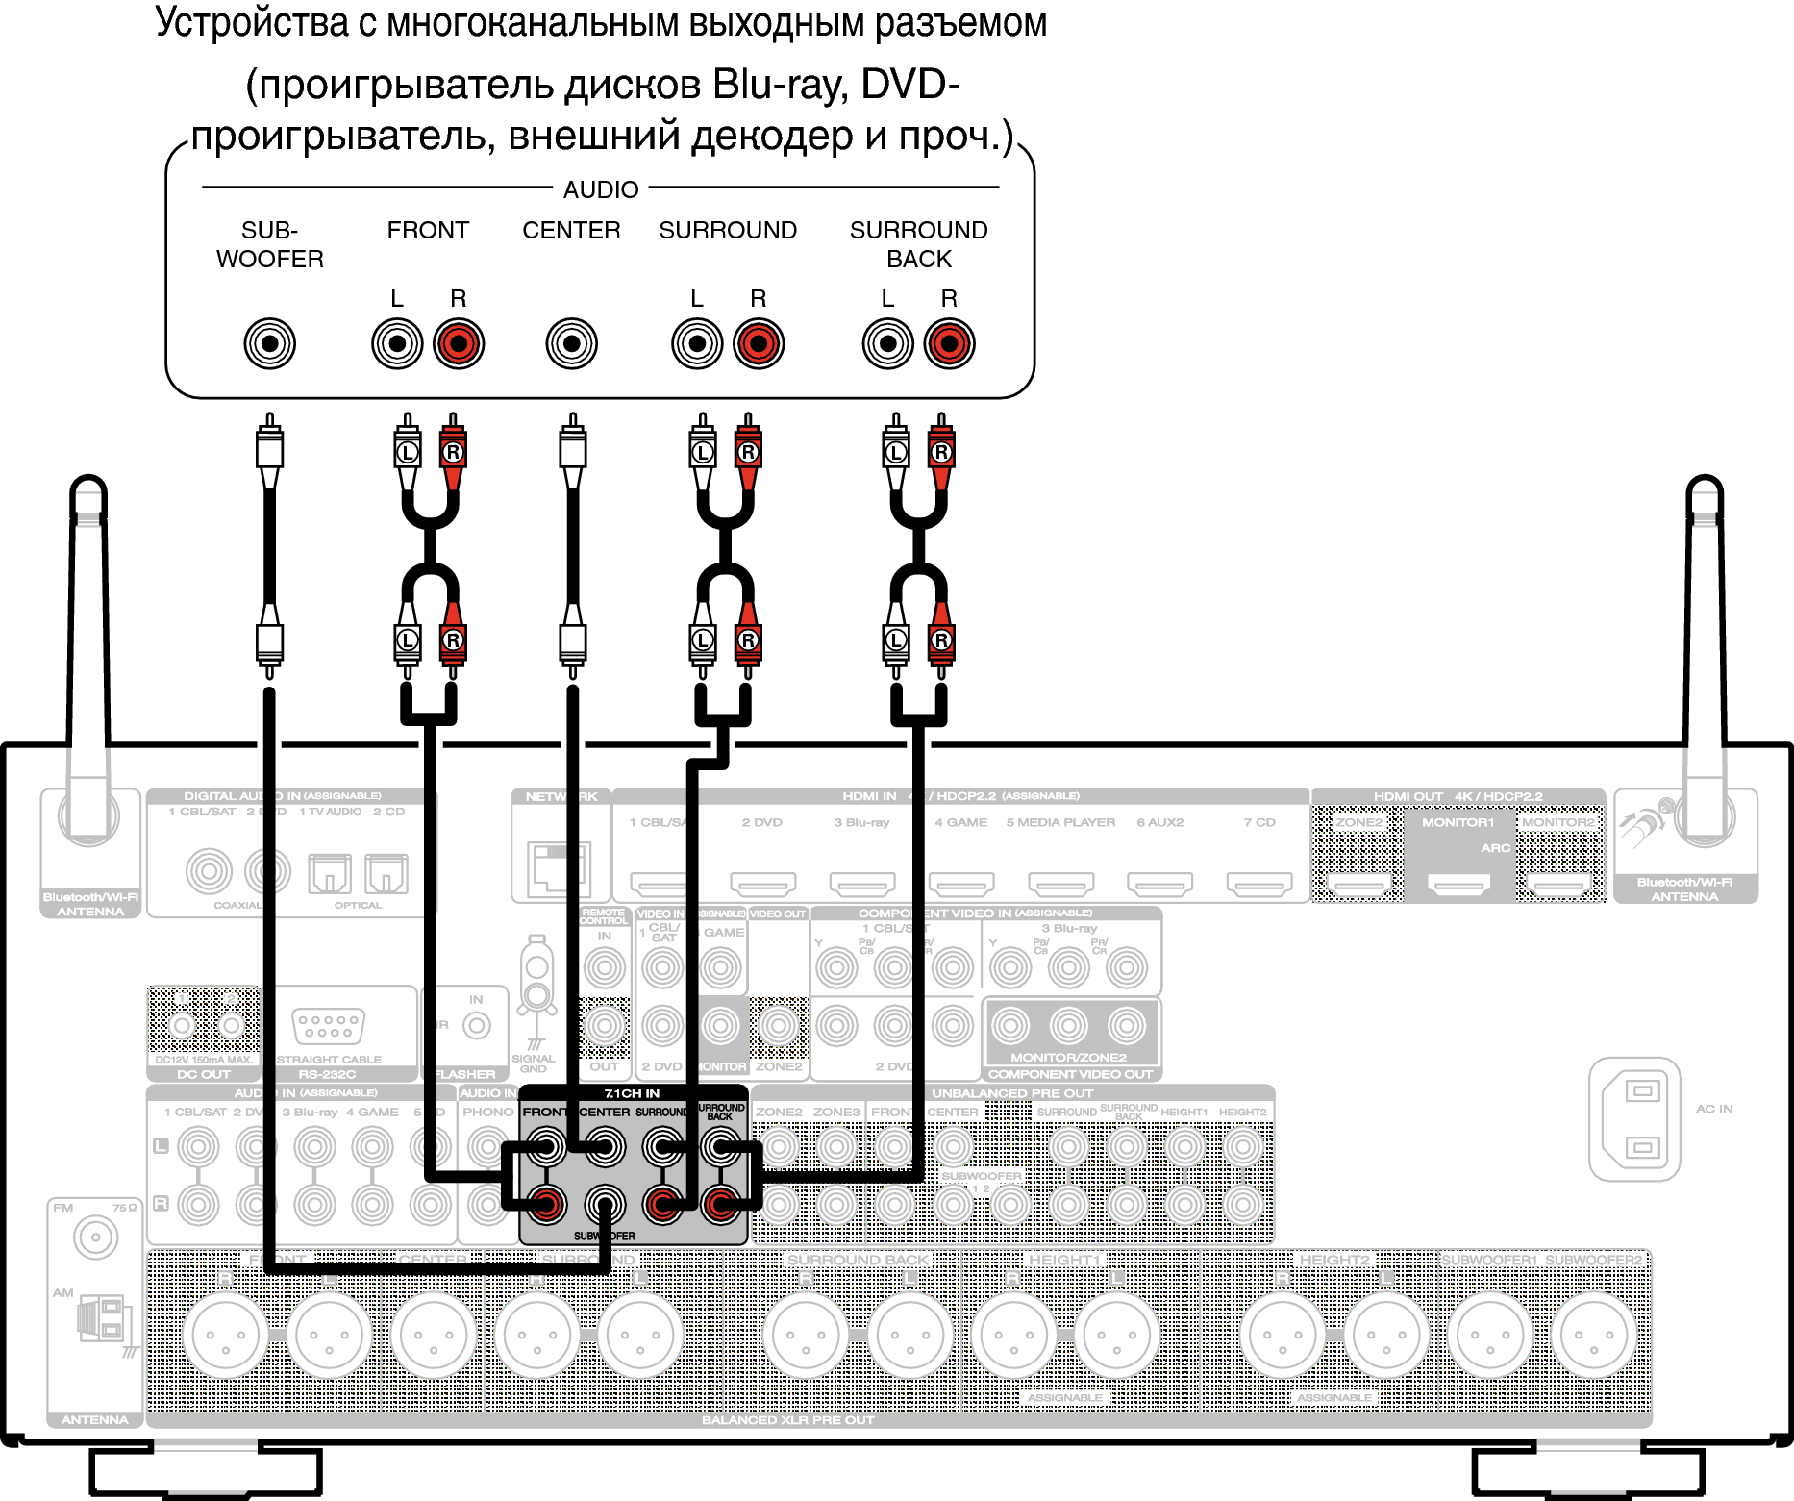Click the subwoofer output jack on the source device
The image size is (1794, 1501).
[x=269, y=343]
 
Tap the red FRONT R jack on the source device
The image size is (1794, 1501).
[x=458, y=343]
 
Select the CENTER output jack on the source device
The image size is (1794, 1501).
[x=571, y=343]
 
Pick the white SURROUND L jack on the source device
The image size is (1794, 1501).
[x=697, y=343]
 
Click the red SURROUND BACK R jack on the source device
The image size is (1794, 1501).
[x=949, y=343]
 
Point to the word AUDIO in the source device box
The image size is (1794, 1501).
[x=601, y=189]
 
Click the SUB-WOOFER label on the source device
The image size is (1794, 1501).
[x=269, y=244]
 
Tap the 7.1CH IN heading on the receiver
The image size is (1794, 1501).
[x=632, y=1093]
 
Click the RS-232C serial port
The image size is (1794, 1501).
[x=328, y=1026]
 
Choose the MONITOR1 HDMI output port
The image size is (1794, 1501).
[x=1458, y=884]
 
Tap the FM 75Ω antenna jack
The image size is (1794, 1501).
[x=95, y=1238]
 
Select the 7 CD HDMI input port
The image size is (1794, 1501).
[x=1259, y=883]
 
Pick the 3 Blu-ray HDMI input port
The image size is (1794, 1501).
[x=862, y=883]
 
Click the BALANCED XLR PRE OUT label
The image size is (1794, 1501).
[x=788, y=1420]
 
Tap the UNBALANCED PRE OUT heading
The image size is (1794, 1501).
[x=1012, y=1093]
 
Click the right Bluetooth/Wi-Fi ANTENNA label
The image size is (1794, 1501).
[x=1684, y=889]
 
